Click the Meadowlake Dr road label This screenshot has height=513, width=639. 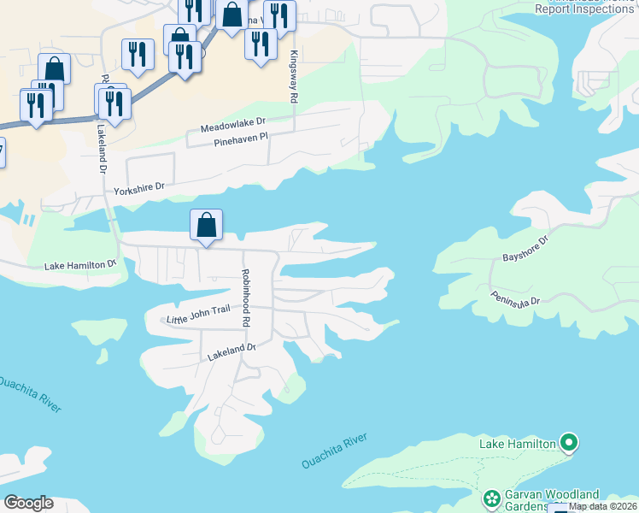(234, 126)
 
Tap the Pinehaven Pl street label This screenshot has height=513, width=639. (240, 139)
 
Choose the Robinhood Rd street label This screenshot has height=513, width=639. (245, 299)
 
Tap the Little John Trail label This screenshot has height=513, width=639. (200, 319)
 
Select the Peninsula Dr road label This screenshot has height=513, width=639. (516, 298)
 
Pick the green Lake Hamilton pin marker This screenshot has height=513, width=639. (568, 443)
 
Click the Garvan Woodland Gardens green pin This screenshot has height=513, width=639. (491, 498)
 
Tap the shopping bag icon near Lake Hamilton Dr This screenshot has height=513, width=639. (206, 226)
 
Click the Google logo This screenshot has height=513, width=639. (28, 502)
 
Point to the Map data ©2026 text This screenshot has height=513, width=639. (602, 507)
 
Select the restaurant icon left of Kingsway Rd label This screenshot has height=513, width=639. (261, 43)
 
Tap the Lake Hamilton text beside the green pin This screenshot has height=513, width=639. (517, 443)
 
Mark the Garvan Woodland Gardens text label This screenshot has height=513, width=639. (550, 499)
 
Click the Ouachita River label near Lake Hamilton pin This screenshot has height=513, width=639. (333, 451)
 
